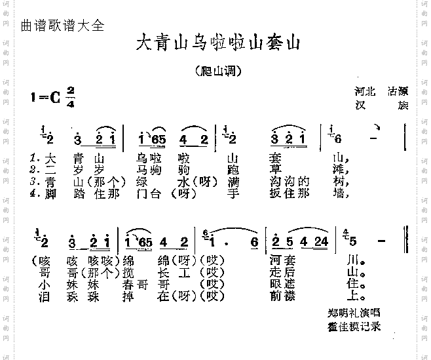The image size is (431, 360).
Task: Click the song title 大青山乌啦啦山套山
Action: coord(218,44)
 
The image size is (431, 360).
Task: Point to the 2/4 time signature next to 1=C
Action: coord(70,97)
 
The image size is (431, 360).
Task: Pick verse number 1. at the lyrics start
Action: coord(35,158)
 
